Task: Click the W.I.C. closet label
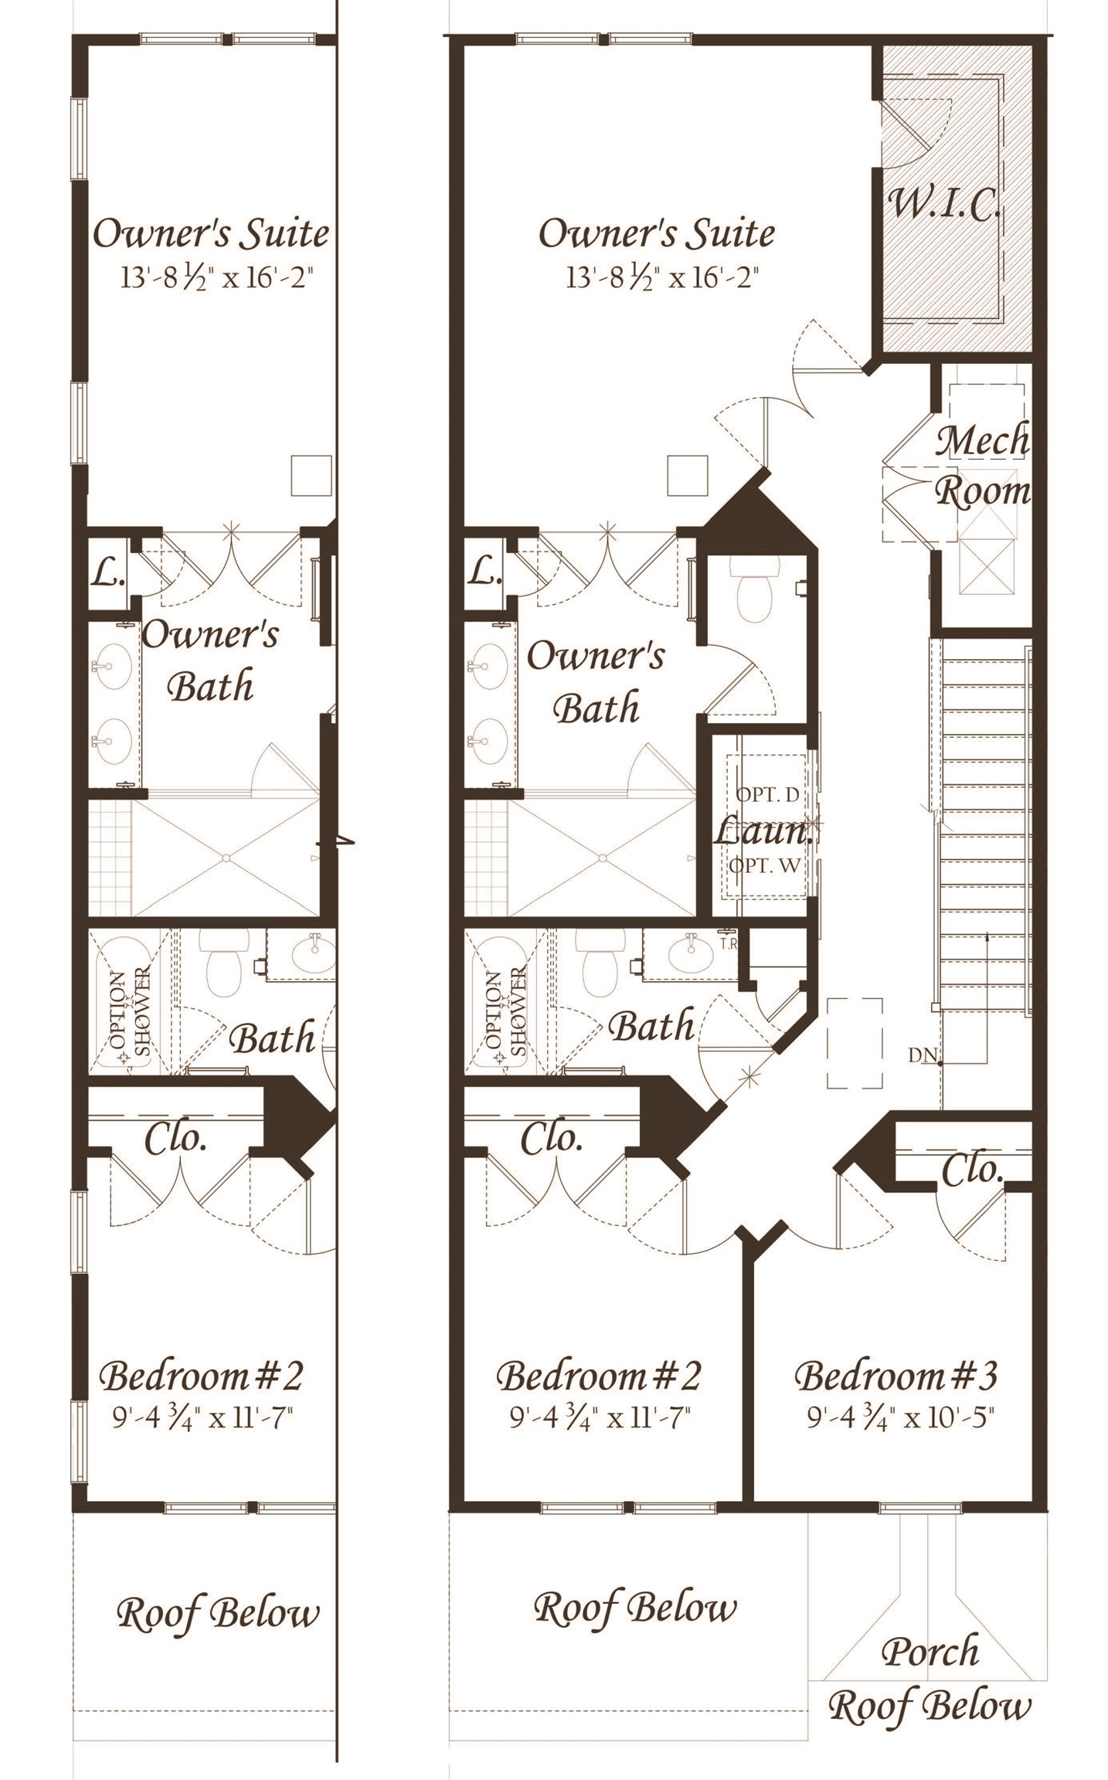(x=944, y=205)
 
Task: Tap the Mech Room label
(x=982, y=466)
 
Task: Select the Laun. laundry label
(x=763, y=832)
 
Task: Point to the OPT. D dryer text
(x=766, y=794)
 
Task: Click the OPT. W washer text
(x=764, y=866)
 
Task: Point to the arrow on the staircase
(x=987, y=997)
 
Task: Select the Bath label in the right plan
(x=651, y=1026)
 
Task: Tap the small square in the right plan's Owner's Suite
(x=687, y=476)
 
